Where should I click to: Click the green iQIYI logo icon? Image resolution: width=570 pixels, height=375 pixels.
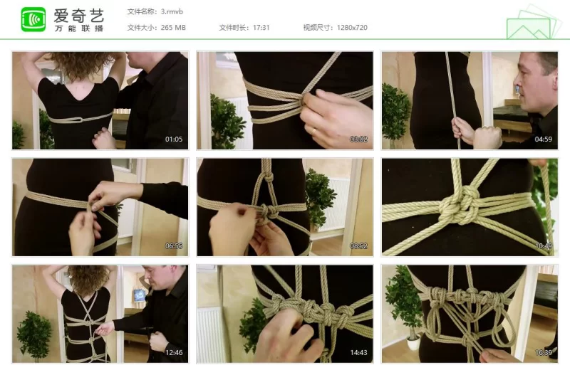pos(33,19)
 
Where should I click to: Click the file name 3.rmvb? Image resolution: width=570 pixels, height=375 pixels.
pos(172,11)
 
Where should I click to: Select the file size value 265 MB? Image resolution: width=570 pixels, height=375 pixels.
pos(173,28)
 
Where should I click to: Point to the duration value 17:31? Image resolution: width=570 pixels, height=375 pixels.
pos(261,28)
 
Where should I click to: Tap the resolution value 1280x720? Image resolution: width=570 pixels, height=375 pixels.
pos(352,28)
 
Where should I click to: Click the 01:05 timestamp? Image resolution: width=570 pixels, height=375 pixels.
pos(174,139)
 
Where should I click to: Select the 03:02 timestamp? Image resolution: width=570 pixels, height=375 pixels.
pos(358,139)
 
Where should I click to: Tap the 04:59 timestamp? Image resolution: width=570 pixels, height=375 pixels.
pos(543,139)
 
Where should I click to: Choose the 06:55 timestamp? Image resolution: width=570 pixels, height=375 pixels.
pos(174,245)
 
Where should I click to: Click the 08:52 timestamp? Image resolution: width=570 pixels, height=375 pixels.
pos(358,245)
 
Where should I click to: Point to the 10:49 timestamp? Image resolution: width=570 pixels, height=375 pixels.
pos(543,245)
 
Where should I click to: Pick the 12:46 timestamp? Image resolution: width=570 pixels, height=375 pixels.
pos(174,352)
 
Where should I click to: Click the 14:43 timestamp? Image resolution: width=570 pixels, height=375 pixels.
pos(358,352)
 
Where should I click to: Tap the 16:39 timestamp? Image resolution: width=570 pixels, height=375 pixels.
pos(543,352)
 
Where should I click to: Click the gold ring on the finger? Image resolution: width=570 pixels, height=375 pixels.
pos(313,131)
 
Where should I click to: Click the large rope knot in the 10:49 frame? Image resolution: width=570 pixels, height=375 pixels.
pos(460,206)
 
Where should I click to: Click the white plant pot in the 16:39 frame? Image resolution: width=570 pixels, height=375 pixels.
pos(414,344)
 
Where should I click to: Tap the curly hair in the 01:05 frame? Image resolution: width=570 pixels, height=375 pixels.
pos(80,65)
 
